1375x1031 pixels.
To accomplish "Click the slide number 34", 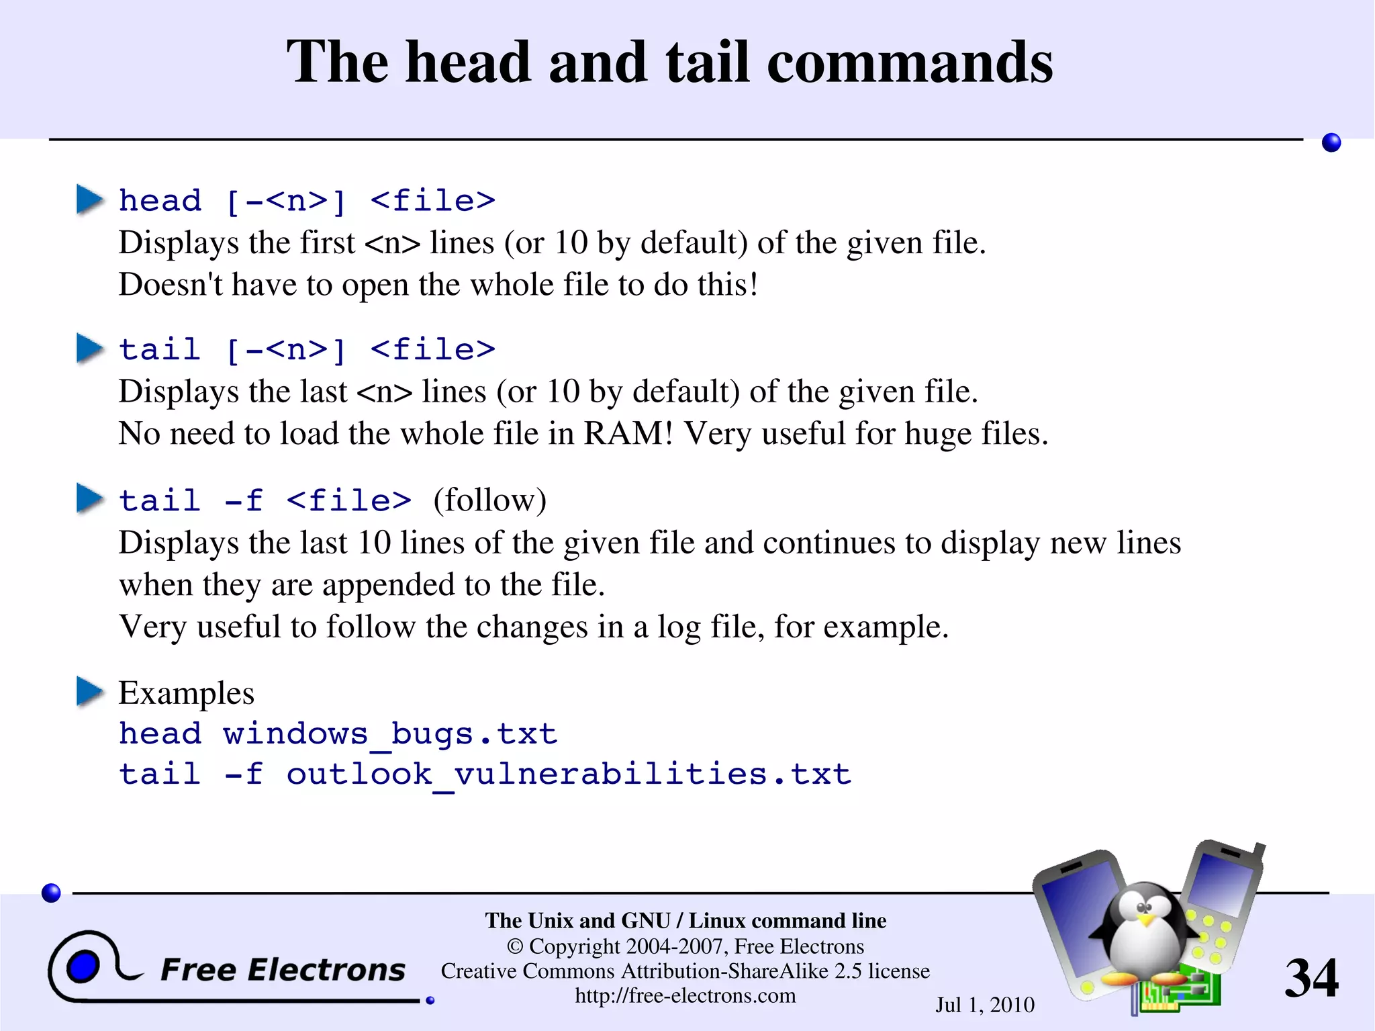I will click(x=1311, y=977).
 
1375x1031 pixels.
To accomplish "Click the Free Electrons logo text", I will click(x=283, y=970).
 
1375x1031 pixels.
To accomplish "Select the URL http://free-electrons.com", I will click(x=685, y=995).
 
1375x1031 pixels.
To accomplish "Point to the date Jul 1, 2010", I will click(x=985, y=1005).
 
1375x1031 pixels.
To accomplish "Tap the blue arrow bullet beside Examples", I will click(x=89, y=692).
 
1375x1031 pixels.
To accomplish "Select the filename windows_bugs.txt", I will click(x=390, y=733).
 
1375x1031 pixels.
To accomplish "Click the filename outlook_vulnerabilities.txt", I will click(x=569, y=774).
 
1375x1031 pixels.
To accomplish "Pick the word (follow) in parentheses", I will click(x=490, y=500).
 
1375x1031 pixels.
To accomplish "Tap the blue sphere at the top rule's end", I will click(x=1331, y=142).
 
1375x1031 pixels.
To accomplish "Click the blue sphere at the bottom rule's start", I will click(x=51, y=893).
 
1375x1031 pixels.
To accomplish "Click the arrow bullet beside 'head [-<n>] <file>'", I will click(x=89, y=199).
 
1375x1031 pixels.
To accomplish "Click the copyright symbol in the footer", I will click(x=515, y=946).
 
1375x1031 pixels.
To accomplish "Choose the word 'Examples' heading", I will click(x=187, y=692).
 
